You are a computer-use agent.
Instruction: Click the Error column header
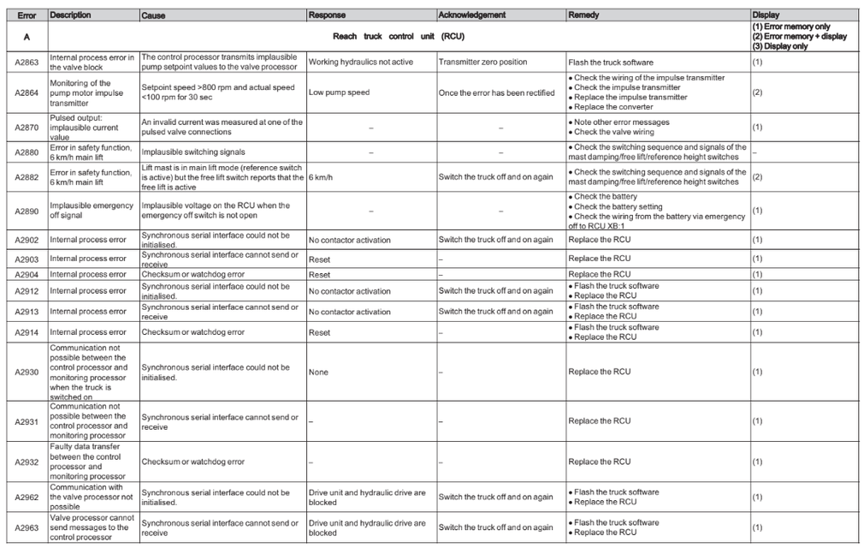tap(24, 15)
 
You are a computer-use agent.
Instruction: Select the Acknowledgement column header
tap(471, 15)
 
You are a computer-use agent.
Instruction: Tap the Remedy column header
tap(583, 15)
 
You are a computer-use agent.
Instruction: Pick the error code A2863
tap(24, 62)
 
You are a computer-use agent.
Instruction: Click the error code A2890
tap(24, 207)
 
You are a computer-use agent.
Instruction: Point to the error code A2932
tap(24, 462)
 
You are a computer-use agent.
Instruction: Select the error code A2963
tap(24, 527)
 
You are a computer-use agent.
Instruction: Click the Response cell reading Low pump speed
tap(339, 92)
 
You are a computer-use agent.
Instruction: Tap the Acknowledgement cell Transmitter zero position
tap(483, 63)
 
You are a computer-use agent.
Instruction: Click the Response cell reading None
tap(319, 372)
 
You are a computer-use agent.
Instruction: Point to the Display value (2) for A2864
tap(757, 92)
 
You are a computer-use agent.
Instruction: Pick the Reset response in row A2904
tap(319, 275)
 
